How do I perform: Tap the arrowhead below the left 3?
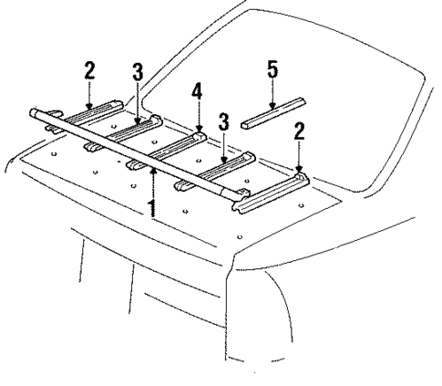(x=138, y=117)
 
